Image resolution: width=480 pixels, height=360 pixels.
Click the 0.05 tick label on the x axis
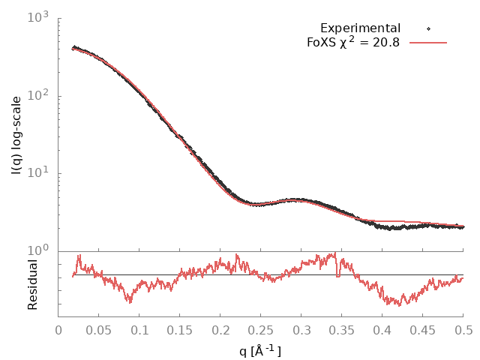pyautogui.click(x=99, y=329)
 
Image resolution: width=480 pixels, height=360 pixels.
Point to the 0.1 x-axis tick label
pyautogui.click(x=139, y=329)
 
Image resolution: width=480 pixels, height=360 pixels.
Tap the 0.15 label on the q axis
pyautogui.click(x=180, y=329)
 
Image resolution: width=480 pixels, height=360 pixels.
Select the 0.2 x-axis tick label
pyautogui.click(x=220, y=329)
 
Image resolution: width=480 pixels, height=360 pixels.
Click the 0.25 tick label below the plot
pyautogui.click(x=261, y=329)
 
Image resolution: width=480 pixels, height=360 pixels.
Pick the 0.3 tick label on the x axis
pyautogui.click(x=301, y=329)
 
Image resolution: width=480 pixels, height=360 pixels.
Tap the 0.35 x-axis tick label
pyautogui.click(x=342, y=329)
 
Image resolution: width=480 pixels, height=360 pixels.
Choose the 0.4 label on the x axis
pyautogui.click(x=382, y=329)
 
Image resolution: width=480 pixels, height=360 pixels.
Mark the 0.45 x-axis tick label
pyautogui.click(x=423, y=329)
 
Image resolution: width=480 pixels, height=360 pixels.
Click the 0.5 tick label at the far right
pyautogui.click(x=463, y=329)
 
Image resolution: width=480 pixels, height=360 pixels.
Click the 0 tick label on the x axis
pyautogui.click(x=58, y=329)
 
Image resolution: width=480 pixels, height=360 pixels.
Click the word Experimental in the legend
pyautogui.click(x=360, y=28)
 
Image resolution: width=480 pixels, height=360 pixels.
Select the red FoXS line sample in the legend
pyautogui.click(x=428, y=43)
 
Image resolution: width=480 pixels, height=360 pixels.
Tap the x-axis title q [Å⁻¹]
pyautogui.click(x=260, y=350)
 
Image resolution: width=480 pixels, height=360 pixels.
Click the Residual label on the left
pyautogui.click(x=32, y=284)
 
